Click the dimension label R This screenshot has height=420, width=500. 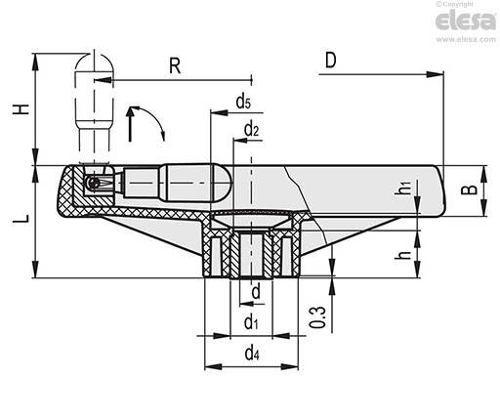(x=175, y=66)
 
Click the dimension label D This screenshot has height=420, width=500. (x=330, y=61)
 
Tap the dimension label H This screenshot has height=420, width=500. (x=21, y=109)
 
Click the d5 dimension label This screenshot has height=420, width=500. (x=243, y=102)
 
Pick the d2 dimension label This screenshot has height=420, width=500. (x=251, y=130)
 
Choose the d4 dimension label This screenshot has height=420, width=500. (x=252, y=353)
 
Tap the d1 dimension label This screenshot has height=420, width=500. (x=251, y=322)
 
